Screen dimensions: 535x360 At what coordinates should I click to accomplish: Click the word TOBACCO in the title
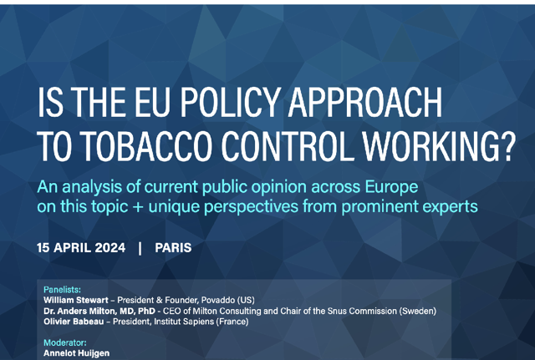click(147, 145)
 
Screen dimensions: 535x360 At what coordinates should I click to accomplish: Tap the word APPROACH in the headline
click(365, 102)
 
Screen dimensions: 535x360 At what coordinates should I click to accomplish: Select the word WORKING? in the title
click(438, 145)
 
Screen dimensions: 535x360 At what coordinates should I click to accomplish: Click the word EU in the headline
click(152, 102)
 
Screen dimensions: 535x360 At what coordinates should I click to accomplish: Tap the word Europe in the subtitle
click(391, 187)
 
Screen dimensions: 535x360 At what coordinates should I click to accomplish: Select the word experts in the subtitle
click(450, 207)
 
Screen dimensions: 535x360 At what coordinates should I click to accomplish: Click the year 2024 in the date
click(110, 248)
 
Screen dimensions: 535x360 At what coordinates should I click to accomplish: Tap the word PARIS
click(173, 248)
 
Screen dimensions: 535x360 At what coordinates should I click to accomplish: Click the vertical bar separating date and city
click(140, 248)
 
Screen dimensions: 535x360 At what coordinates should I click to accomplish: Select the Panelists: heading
click(62, 290)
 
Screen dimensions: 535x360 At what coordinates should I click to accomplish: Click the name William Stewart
click(76, 301)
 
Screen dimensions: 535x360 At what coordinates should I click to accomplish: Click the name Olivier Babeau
click(74, 322)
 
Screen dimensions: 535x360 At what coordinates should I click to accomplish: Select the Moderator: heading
click(65, 342)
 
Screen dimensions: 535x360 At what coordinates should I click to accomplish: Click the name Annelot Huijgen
click(76, 353)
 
